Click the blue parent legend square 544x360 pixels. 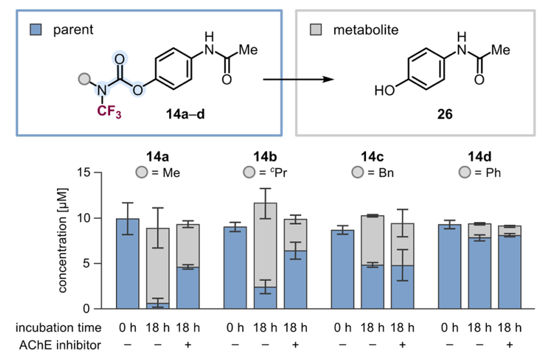pos(36,30)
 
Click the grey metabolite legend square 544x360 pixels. pos(316,30)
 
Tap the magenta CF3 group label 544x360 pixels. pos(109,111)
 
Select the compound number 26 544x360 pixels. pos(444,114)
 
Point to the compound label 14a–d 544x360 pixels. pos(185,114)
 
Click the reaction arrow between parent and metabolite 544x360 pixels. pos(298,80)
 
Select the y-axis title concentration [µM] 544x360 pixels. pos(62,240)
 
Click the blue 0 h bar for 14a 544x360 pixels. pos(128,264)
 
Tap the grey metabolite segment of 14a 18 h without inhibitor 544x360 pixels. pos(158,265)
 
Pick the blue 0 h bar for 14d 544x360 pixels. pos(449,266)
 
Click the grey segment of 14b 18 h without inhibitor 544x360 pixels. pos(266,245)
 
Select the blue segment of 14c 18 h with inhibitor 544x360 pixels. pos(402,287)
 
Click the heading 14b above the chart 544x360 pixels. pos(265,157)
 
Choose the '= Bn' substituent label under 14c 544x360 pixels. pos(381,172)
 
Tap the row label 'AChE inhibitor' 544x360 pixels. pos(60,345)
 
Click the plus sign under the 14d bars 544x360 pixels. pos(509,344)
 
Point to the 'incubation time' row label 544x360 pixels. pos(58,328)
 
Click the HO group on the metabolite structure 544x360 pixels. pos(385,91)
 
